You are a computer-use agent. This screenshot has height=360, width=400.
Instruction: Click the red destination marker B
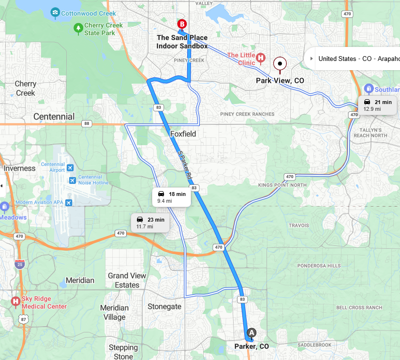182,24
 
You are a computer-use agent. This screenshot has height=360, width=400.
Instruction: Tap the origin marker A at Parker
251,332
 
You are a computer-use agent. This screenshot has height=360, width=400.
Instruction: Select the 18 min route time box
172,197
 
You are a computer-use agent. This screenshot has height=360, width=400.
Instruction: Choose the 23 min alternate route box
150,223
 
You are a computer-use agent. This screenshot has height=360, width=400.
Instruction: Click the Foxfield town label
183,134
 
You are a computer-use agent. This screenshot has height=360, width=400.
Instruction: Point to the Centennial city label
54,117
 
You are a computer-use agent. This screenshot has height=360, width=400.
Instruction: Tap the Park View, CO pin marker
280,63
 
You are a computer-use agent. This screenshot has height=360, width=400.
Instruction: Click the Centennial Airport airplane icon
71,167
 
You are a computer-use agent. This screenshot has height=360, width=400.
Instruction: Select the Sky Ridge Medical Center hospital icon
15,302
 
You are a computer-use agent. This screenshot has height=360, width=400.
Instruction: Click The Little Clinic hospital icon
261,59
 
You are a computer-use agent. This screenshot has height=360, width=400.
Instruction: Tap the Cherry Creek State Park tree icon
78,29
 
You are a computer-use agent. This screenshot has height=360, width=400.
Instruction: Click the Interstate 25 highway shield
19,264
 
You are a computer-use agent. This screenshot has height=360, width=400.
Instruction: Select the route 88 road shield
87,123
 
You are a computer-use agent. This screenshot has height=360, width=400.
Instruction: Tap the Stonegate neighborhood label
164,306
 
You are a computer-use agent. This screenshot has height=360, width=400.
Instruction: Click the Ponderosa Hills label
319,266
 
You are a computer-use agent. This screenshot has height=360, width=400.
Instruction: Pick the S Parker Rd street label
184,163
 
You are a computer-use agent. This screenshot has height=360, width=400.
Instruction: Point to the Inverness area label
20,168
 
